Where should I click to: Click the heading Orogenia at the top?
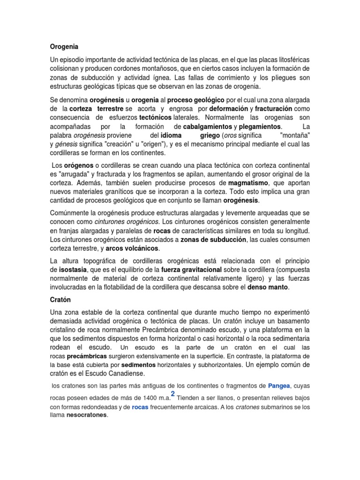pyautogui.click(x=64, y=47)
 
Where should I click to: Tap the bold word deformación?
pyautogui.click(x=228, y=109)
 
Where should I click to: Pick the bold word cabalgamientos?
pyautogui.click(x=207, y=127)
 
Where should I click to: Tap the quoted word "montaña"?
pyautogui.click(x=294, y=135)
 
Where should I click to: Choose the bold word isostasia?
pyautogui.click(x=74, y=270)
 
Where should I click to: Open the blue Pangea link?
pyautogui.click(x=278, y=386)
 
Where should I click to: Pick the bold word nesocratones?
pyautogui.click(x=87, y=415)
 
